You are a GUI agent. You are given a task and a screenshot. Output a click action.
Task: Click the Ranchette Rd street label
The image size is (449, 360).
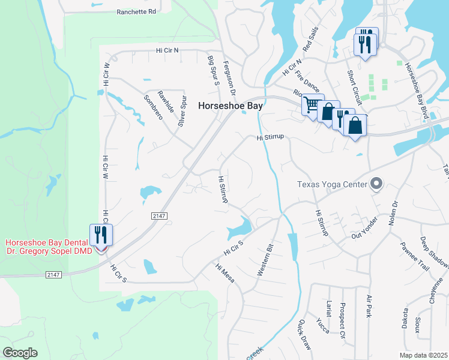coord(136,11)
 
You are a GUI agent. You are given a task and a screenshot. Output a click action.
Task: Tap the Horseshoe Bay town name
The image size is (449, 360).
coord(231,106)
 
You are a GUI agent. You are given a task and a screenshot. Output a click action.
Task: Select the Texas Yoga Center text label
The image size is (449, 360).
coord(332,184)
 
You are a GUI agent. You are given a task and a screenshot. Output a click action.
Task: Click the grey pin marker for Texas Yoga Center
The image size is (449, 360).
coord(377,183)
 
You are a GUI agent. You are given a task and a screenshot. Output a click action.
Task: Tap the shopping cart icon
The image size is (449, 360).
coord(312,105)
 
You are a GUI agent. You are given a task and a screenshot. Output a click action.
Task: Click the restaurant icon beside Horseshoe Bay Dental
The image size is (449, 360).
coord(100,235)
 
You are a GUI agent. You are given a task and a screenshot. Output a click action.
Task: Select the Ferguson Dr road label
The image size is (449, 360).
coord(229,79)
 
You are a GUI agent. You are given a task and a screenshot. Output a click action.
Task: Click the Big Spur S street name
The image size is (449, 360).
coord(212,71)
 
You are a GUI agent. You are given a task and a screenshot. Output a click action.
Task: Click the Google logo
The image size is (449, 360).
coord(20,353)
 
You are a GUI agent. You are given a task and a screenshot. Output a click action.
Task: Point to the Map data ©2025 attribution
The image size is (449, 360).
coord(423,355)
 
